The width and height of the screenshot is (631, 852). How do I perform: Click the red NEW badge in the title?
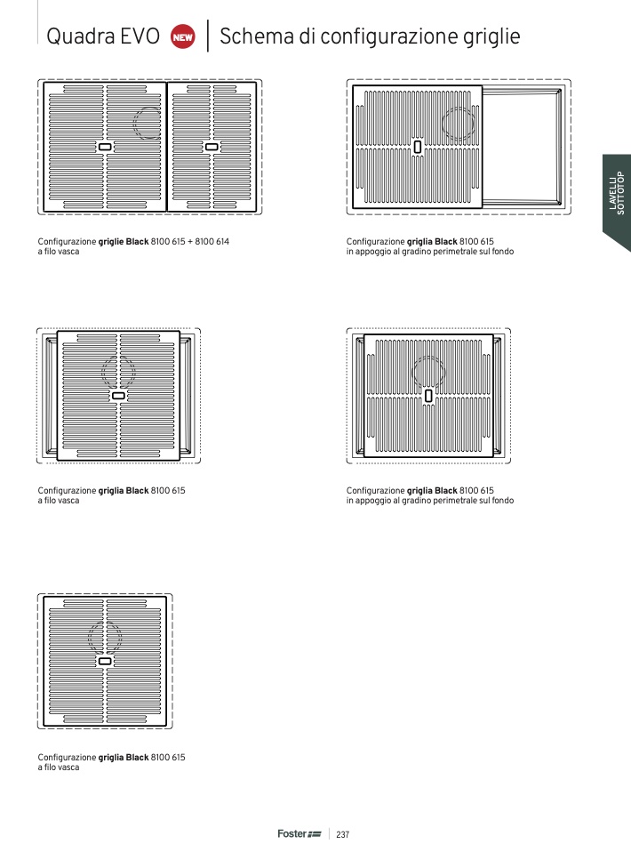pos(183,37)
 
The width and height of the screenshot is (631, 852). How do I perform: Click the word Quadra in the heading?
pos(81,36)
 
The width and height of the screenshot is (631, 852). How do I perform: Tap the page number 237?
pos(343,834)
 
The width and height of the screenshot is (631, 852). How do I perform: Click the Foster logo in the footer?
pos(300,833)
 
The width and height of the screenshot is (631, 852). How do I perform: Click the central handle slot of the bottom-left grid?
pos(105,662)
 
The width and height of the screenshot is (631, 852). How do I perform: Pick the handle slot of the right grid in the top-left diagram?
pos(212,147)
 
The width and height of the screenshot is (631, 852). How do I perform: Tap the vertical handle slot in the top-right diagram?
pos(418,147)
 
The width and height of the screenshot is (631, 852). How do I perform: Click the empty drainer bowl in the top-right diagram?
pos(522,147)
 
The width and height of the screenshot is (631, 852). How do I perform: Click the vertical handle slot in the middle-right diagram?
pos(428,396)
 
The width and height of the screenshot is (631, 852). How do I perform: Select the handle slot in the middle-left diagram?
pos(118,396)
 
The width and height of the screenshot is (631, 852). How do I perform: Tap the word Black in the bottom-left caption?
pos(138,757)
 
